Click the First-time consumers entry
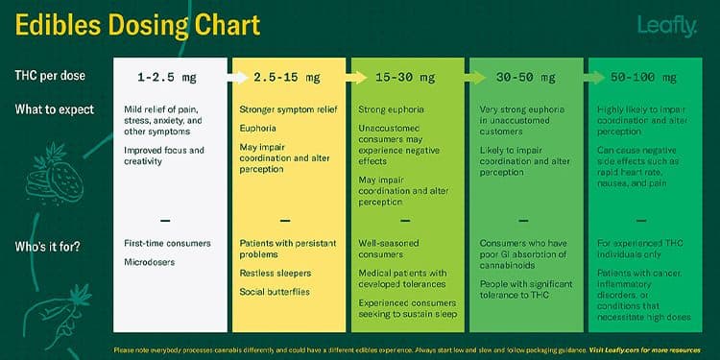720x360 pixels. [168, 244]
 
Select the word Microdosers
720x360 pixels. [150, 261]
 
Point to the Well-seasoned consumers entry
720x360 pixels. [390, 250]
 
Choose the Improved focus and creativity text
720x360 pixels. [164, 156]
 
